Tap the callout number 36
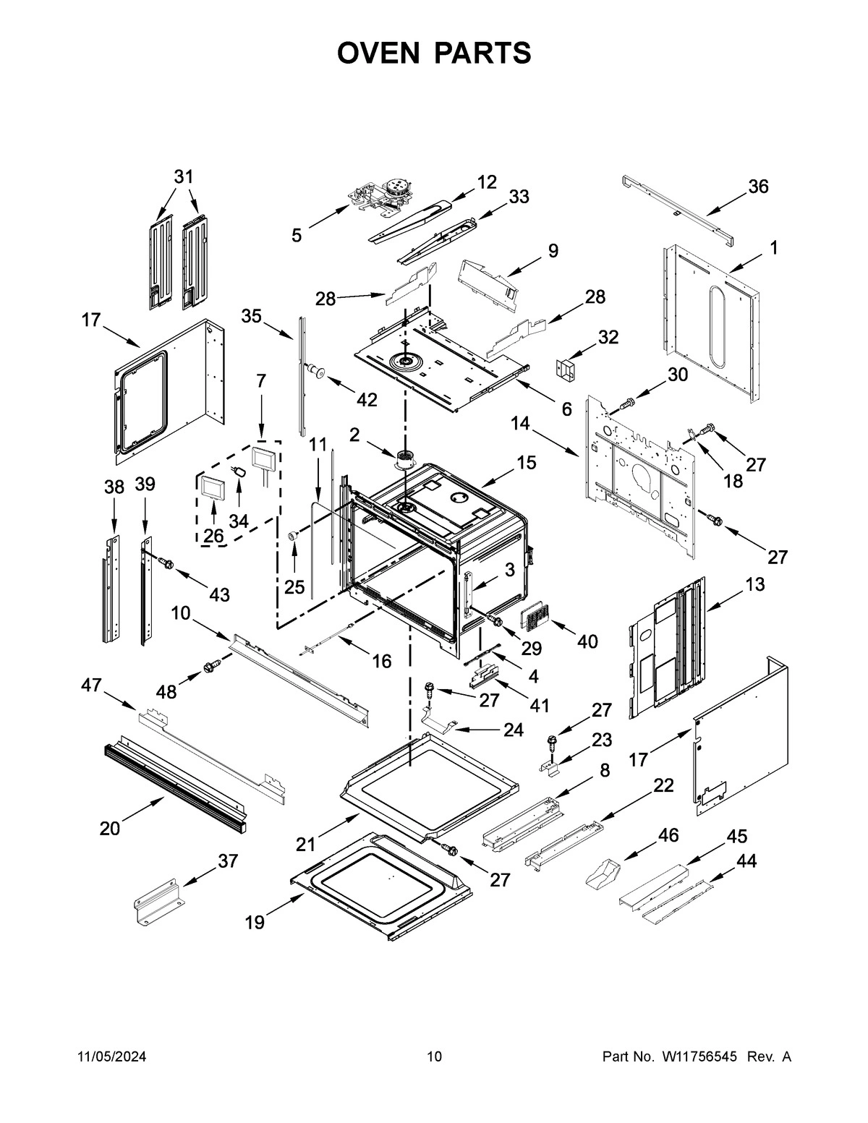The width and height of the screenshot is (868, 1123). [x=757, y=187]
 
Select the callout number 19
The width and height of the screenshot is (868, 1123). [x=255, y=922]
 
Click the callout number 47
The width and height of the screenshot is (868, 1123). [x=91, y=686]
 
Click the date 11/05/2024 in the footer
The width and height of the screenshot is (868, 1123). [x=111, y=1057]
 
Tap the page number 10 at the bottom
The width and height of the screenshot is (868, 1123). [x=433, y=1057]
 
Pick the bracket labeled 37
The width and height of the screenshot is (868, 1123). [x=155, y=900]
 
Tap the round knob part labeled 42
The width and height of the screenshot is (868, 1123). [x=315, y=371]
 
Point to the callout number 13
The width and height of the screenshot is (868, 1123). [x=754, y=584]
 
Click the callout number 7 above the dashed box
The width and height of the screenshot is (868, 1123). [x=260, y=380]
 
